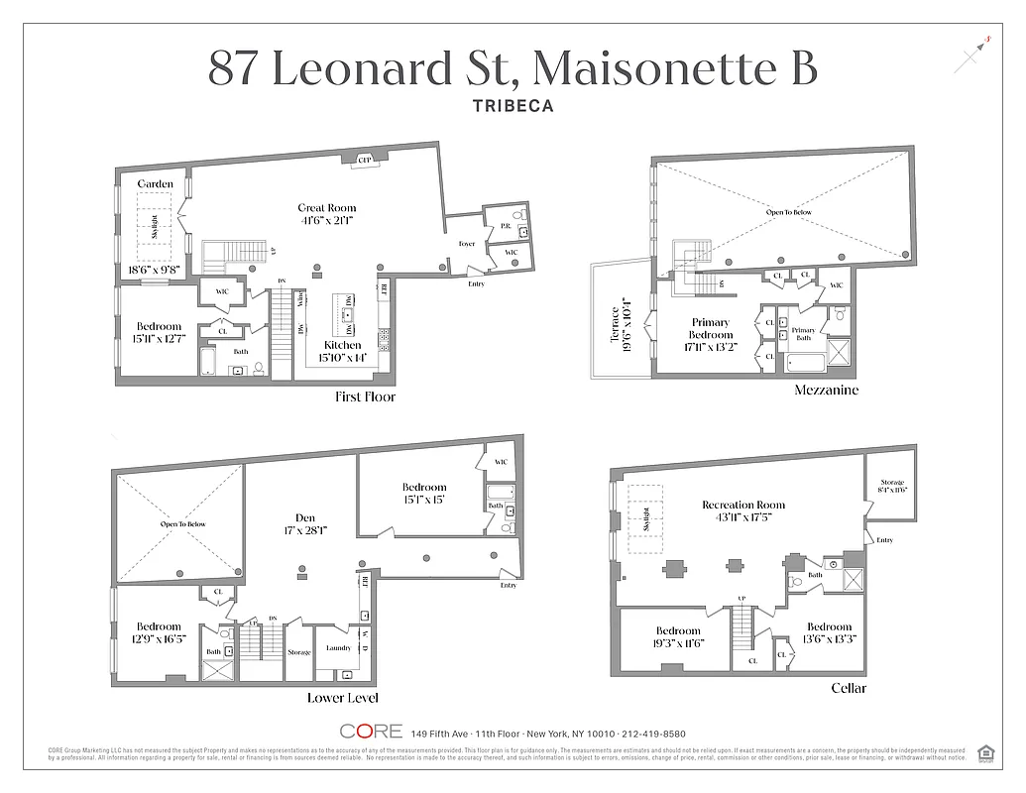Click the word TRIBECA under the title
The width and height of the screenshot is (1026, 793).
[x=513, y=104]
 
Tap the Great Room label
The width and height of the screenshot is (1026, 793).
[x=327, y=208]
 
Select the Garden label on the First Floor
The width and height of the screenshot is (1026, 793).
[x=155, y=183]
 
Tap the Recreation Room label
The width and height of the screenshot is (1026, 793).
[x=743, y=505]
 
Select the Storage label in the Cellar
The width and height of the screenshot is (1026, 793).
[x=892, y=483]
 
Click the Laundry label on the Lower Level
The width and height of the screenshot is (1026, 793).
[x=339, y=648]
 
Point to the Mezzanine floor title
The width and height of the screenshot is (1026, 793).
[x=826, y=391]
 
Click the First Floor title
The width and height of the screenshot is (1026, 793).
[x=365, y=397]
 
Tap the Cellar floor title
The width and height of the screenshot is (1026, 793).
[x=849, y=688]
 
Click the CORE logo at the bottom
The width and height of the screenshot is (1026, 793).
[x=371, y=732]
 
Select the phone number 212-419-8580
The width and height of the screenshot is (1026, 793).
[x=648, y=734]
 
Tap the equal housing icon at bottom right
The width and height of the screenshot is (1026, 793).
[x=985, y=752]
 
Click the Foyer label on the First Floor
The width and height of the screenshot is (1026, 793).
[x=466, y=244]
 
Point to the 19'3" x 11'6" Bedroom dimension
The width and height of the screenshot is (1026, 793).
[x=678, y=643]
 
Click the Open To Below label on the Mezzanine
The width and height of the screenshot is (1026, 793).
[x=788, y=212]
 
